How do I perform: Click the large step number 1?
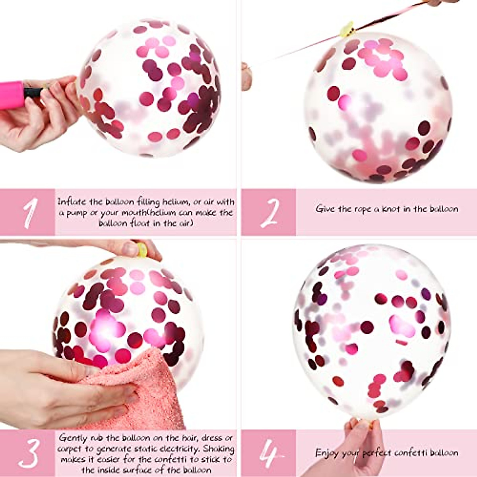point(30,213)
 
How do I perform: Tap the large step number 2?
point(270,213)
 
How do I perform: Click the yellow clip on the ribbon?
point(346,29)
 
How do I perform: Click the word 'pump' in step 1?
point(76,213)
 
